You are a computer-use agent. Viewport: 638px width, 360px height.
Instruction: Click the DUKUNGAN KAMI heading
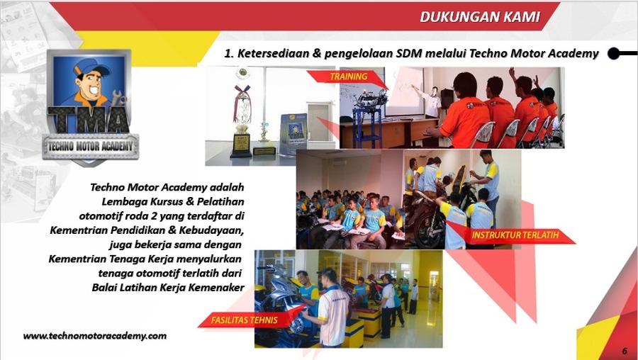pos(479,17)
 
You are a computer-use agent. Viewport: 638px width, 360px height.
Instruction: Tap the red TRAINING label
pos(348,77)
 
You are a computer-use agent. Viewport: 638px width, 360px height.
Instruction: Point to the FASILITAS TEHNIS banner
pos(243,320)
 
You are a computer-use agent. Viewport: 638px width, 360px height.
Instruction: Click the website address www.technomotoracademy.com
pos(94,336)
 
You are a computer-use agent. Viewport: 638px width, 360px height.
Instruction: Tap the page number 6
pos(625,351)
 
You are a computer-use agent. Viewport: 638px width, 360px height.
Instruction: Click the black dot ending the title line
pos(614,53)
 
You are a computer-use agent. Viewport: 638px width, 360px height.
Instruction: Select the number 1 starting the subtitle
pos(228,53)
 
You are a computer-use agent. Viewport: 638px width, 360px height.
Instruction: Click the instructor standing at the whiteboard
pos(429,99)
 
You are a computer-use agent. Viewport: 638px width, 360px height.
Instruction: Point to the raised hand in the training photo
pos(512,72)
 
